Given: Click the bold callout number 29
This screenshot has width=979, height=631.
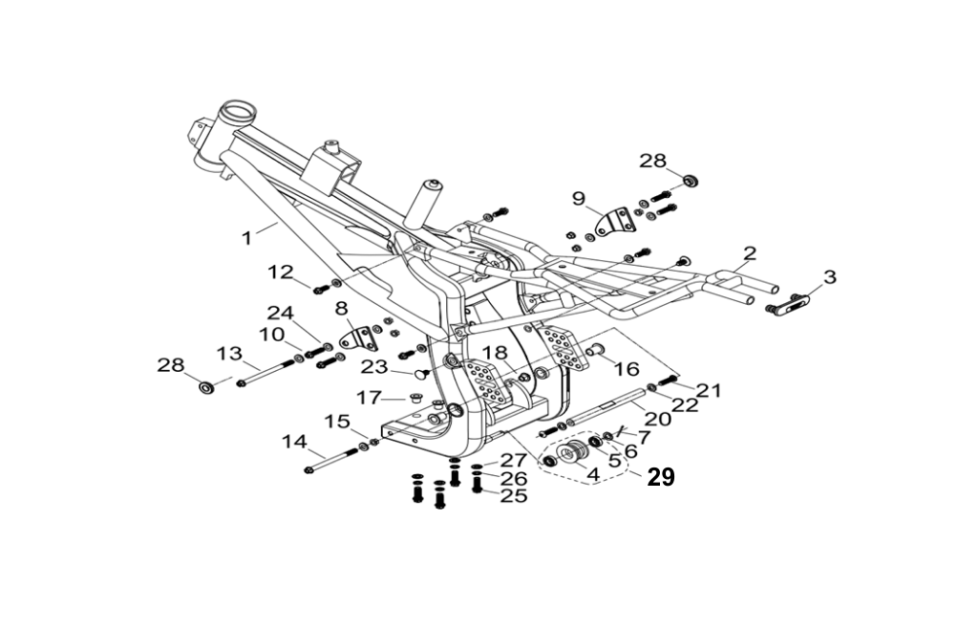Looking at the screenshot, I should tap(661, 477).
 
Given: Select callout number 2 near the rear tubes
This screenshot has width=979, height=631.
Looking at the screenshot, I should tap(750, 253).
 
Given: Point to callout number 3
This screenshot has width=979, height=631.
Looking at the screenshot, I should tap(829, 277).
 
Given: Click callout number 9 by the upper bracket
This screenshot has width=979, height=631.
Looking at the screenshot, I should tap(578, 199).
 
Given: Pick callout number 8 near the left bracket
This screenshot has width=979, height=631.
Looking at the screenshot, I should tap(341, 309).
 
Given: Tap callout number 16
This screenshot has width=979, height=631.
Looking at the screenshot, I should tap(626, 369).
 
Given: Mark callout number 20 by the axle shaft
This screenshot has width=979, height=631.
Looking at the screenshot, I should tap(658, 418).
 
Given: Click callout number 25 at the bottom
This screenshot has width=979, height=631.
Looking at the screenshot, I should tap(514, 496).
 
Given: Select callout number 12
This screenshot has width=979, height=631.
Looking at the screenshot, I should tap(281, 272).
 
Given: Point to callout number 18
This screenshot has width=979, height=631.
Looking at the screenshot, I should tap(493, 353).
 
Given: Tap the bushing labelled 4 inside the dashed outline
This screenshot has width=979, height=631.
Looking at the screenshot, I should tap(572, 453).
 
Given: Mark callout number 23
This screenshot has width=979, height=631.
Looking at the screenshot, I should tap(374, 367).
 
